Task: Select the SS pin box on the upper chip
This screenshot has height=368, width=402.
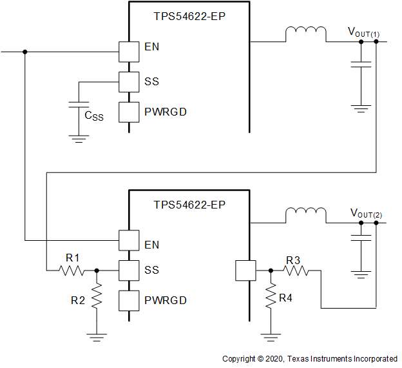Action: (129, 82)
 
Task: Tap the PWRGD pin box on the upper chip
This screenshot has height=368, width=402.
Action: (129, 112)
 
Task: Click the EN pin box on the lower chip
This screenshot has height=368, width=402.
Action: (129, 240)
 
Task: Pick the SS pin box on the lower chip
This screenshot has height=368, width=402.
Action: (129, 270)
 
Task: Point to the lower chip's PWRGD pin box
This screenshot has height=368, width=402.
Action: (129, 300)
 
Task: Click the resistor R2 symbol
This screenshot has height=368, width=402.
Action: (97, 298)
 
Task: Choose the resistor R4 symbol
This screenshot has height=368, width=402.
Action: (271, 298)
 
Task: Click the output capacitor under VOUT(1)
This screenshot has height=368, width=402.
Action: (361, 65)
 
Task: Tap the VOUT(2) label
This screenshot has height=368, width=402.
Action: (365, 213)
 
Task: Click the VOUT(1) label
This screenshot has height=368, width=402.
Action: (364, 32)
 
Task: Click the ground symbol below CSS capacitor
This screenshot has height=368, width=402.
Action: (79, 137)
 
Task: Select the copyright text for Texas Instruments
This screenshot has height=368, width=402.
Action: (309, 359)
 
